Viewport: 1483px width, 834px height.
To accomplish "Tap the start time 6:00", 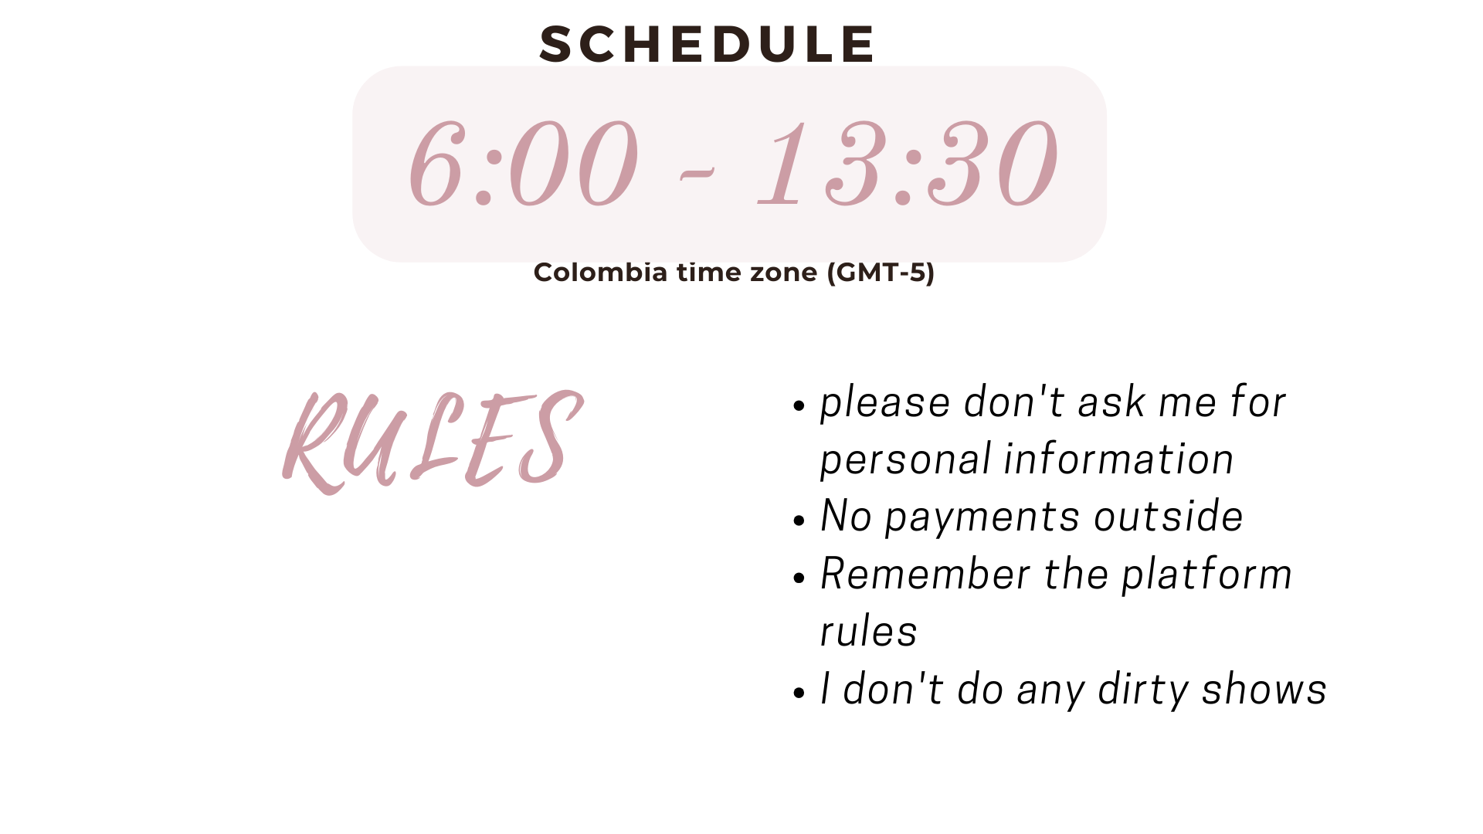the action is tap(524, 163).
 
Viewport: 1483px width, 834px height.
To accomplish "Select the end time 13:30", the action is tap(908, 163).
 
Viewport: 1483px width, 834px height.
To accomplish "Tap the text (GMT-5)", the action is tap(881, 273).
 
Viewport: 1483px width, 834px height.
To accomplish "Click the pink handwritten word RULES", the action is tap(433, 442).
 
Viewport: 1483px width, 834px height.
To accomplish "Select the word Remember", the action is tap(925, 574).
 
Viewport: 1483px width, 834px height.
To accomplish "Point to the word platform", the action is tap(1206, 575).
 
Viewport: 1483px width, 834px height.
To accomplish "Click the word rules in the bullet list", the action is tap(868, 632).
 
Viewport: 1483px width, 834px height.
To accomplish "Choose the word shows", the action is tap(1264, 689).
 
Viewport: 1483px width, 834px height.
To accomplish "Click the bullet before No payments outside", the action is tap(799, 520).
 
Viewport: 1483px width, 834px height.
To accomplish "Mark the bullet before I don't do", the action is tap(799, 693).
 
